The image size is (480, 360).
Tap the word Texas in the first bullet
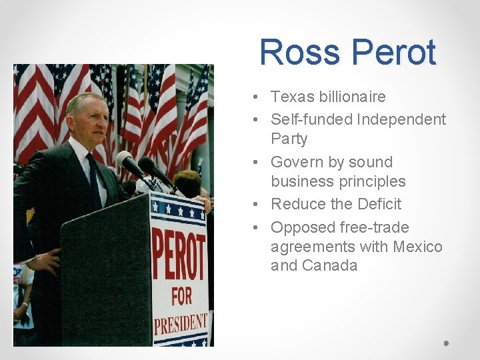[291, 97]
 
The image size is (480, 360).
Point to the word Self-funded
[311, 120]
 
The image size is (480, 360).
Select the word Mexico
[417, 247]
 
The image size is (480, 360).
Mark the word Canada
[329, 265]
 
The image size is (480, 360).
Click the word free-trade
[374, 227]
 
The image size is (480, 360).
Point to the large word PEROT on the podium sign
[179, 256]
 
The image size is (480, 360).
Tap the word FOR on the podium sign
[181, 296]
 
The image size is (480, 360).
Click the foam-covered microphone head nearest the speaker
[125, 159]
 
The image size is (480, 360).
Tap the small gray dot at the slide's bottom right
[446, 343]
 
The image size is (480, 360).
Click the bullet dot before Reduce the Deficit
[257, 204]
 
